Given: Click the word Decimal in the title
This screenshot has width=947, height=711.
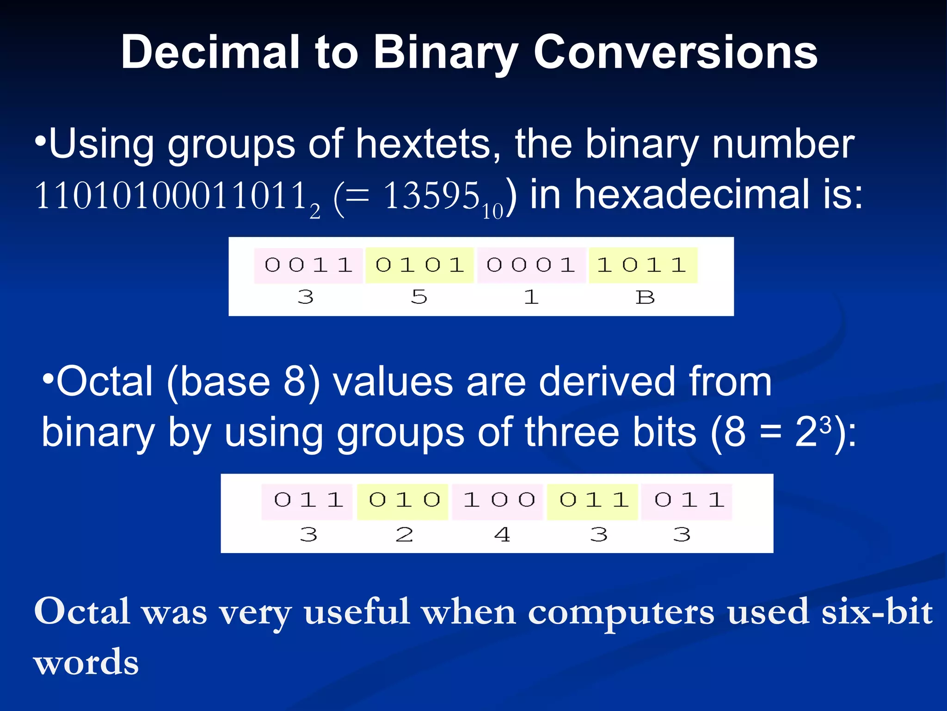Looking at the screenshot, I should [211, 52].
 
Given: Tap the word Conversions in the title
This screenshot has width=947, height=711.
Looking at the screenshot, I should [675, 52].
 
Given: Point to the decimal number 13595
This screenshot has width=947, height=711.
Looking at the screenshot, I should [431, 196].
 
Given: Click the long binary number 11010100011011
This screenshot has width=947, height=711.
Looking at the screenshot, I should [171, 196].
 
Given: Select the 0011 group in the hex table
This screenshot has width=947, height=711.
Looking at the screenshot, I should [308, 265].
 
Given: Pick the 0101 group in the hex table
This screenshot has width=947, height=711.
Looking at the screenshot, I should [419, 265].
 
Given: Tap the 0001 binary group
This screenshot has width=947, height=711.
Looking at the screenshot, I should [531, 265].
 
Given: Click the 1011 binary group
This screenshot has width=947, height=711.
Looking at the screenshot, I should [642, 265].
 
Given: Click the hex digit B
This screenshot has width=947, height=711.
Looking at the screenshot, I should [645, 297].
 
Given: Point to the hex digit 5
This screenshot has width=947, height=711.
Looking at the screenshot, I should [419, 297].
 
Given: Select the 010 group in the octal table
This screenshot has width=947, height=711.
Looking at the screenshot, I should [404, 500].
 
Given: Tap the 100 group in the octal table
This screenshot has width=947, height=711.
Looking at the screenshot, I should [498, 500].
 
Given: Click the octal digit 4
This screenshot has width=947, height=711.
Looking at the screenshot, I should [502, 535].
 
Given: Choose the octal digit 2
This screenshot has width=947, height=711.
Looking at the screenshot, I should [404, 535].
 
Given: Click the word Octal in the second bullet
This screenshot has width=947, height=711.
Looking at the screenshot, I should [104, 382].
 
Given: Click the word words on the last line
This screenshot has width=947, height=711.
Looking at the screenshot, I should [86, 662].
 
